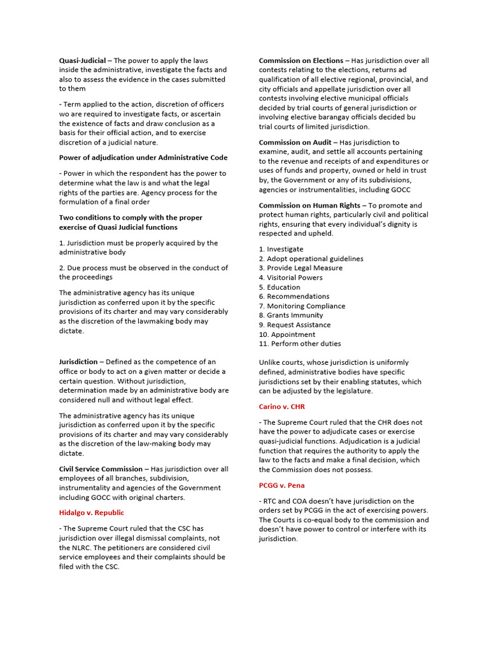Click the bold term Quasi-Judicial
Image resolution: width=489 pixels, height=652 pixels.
tap(81, 61)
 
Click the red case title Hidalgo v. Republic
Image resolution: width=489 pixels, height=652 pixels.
tap(92, 513)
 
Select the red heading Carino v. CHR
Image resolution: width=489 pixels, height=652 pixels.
tap(277, 406)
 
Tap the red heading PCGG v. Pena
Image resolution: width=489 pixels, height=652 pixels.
tap(277, 485)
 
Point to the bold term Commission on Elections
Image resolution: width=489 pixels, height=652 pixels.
tap(301, 61)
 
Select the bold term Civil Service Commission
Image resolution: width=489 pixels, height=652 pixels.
tap(101, 469)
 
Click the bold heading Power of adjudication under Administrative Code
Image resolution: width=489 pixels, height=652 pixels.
tap(143, 158)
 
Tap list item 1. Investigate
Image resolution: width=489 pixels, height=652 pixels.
tap(281, 249)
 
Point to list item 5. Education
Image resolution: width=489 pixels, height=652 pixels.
tap(280, 287)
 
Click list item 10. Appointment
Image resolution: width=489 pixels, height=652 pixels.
tap(287, 334)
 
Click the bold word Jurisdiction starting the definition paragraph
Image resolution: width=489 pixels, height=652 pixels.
tap(78, 362)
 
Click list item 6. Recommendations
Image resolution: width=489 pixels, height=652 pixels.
tap(294, 296)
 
